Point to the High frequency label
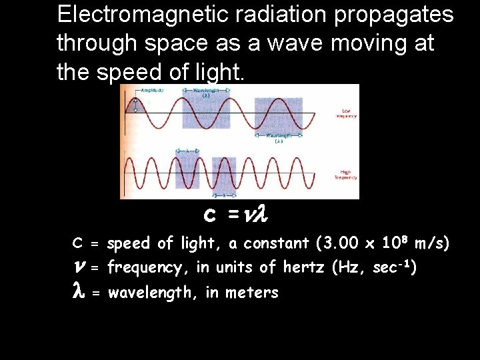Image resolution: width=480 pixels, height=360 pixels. point(345,175)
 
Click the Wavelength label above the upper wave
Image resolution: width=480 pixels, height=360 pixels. point(206,91)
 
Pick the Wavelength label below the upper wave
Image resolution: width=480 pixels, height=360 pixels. point(279,138)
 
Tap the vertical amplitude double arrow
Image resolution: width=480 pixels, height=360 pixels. point(135,105)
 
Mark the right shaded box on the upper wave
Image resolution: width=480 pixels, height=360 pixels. point(278,114)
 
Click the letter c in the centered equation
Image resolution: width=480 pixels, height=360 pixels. point(209,215)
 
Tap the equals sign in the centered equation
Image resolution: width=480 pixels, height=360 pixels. point(233,215)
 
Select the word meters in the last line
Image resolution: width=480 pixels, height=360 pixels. point(252,292)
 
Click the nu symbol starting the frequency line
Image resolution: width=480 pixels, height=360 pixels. point(78,268)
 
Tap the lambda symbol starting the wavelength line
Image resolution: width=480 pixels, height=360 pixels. point(77,291)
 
